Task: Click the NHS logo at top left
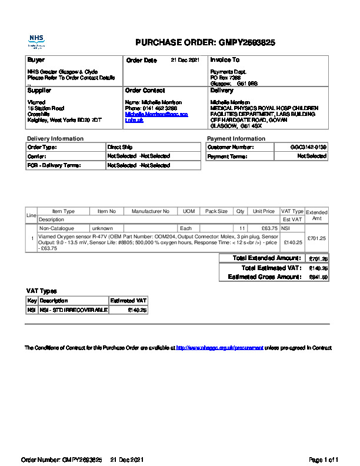(36, 41)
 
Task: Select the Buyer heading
(36, 60)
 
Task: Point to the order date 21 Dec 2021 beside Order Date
(185, 60)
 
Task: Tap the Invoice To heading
(225, 60)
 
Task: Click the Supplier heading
(39, 91)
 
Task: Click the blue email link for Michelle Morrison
(156, 114)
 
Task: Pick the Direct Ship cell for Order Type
(118, 147)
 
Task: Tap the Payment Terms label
(227, 157)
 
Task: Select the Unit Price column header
(264, 211)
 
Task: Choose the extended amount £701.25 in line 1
(316, 238)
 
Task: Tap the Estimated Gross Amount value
(318, 277)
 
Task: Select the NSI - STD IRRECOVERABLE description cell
(74, 309)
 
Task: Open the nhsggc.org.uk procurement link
(219, 348)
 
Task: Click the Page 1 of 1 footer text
(324, 459)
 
